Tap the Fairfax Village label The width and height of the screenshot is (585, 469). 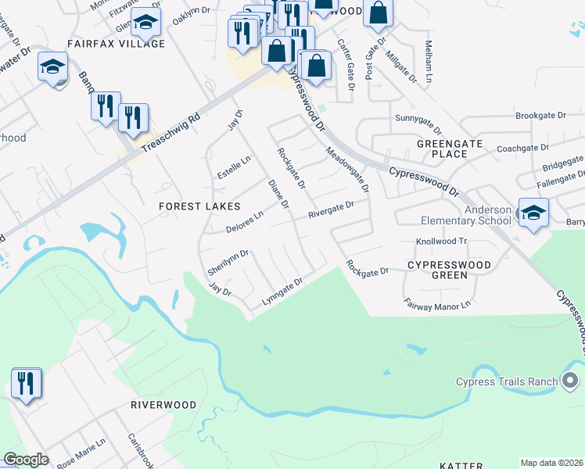coord(116,44)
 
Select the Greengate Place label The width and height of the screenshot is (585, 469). coord(453,149)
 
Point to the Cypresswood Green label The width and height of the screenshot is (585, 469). coord(449,270)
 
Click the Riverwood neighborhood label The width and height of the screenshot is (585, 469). coord(163,406)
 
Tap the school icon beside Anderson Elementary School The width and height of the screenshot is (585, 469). coord(533,213)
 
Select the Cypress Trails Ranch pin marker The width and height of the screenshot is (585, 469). coord(571,381)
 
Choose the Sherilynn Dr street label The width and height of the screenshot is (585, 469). coord(228,261)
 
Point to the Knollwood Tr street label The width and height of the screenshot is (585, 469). coord(441,242)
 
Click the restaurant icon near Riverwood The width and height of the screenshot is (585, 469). coord(27,384)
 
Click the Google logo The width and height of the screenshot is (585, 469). coord(27,460)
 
